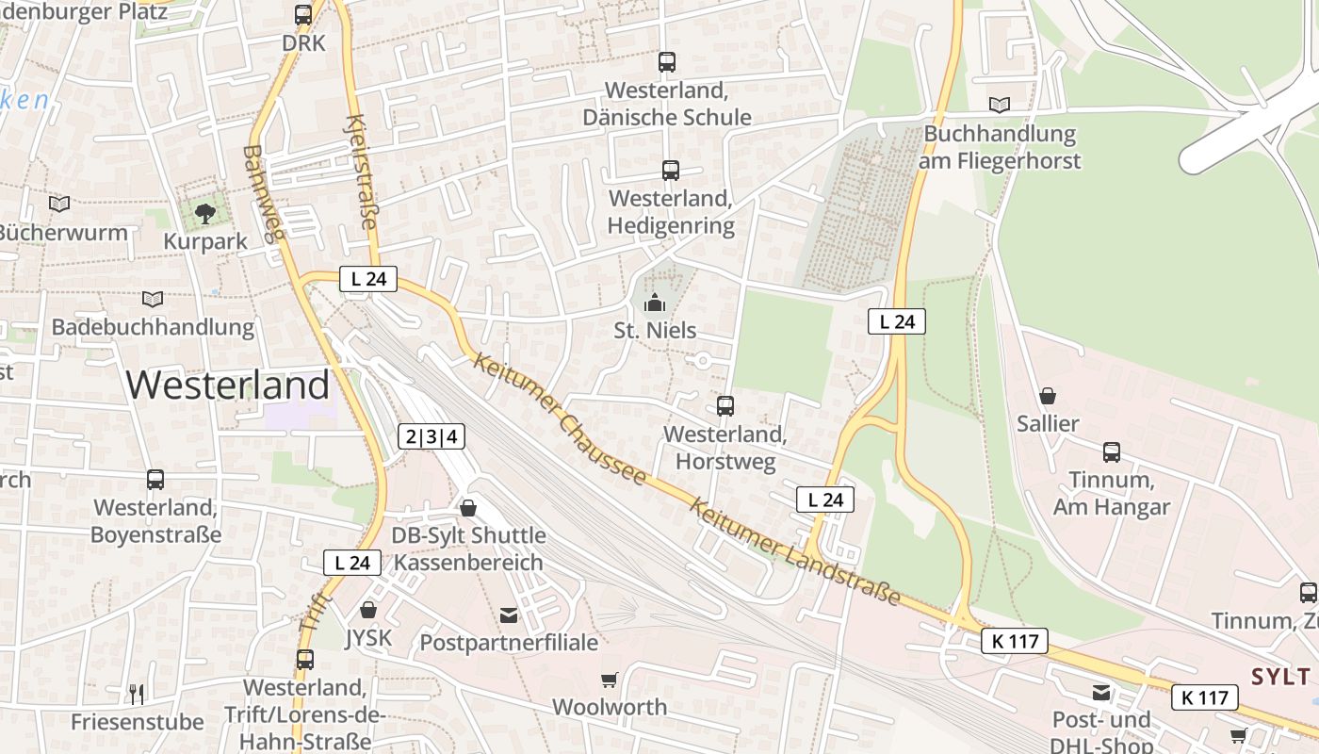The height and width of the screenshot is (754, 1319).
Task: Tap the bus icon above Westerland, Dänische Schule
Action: [667, 62]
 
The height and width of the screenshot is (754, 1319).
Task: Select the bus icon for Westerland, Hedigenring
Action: [670, 171]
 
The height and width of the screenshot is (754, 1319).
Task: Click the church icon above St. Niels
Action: [654, 303]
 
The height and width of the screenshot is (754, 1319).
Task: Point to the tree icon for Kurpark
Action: [205, 213]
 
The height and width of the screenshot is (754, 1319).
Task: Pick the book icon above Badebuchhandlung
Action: [153, 299]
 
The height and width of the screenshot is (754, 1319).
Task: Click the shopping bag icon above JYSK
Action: [368, 610]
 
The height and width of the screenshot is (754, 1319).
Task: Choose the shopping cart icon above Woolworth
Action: [610, 679]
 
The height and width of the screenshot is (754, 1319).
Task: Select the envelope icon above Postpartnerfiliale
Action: [509, 615]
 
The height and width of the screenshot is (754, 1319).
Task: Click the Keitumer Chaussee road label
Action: [562, 418]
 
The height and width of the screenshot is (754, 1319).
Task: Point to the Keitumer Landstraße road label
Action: [794, 551]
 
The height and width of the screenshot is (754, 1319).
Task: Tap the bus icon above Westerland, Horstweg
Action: [725, 406]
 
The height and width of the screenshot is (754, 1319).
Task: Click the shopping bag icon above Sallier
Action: [1047, 396]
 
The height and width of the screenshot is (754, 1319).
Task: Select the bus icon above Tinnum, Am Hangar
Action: [1112, 452]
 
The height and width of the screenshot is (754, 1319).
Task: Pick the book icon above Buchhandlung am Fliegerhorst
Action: [999, 105]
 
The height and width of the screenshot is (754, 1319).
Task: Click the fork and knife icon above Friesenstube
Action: [138, 695]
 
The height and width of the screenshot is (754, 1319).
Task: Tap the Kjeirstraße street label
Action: [362, 172]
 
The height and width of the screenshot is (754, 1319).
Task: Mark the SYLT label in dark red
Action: [1281, 676]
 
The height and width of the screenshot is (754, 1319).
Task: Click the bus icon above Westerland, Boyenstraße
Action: [155, 480]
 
